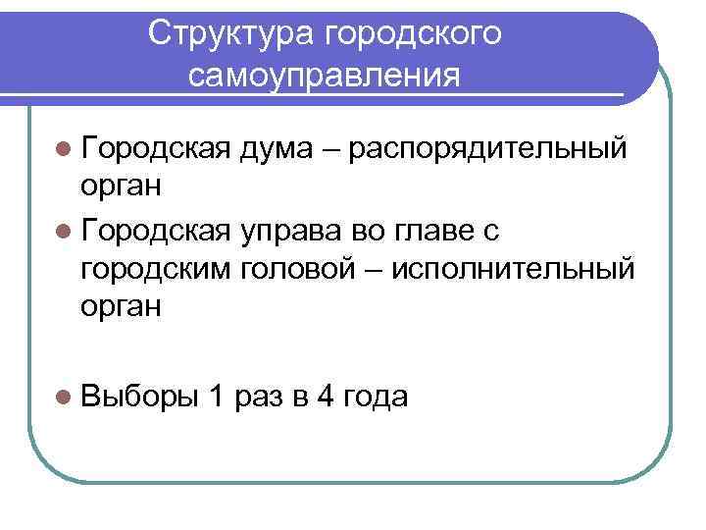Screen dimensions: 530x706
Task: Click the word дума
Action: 285,149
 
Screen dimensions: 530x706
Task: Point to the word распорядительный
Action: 487,149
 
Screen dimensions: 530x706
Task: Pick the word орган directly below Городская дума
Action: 122,189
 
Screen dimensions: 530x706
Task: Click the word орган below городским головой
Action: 122,308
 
